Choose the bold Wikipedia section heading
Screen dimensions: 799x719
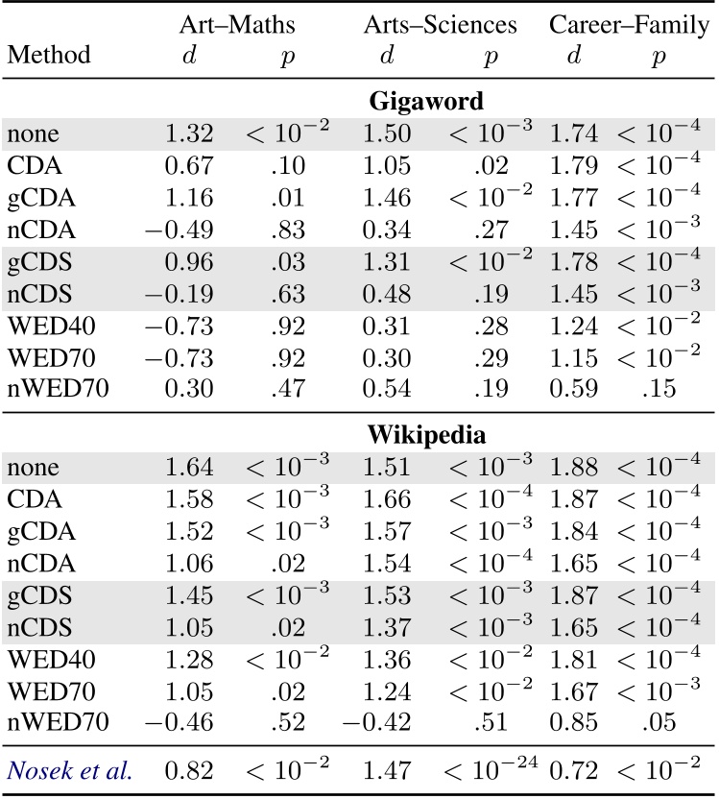[x=426, y=433]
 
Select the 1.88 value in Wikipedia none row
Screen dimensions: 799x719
[x=573, y=468]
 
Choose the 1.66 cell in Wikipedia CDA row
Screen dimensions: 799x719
[x=387, y=498]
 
